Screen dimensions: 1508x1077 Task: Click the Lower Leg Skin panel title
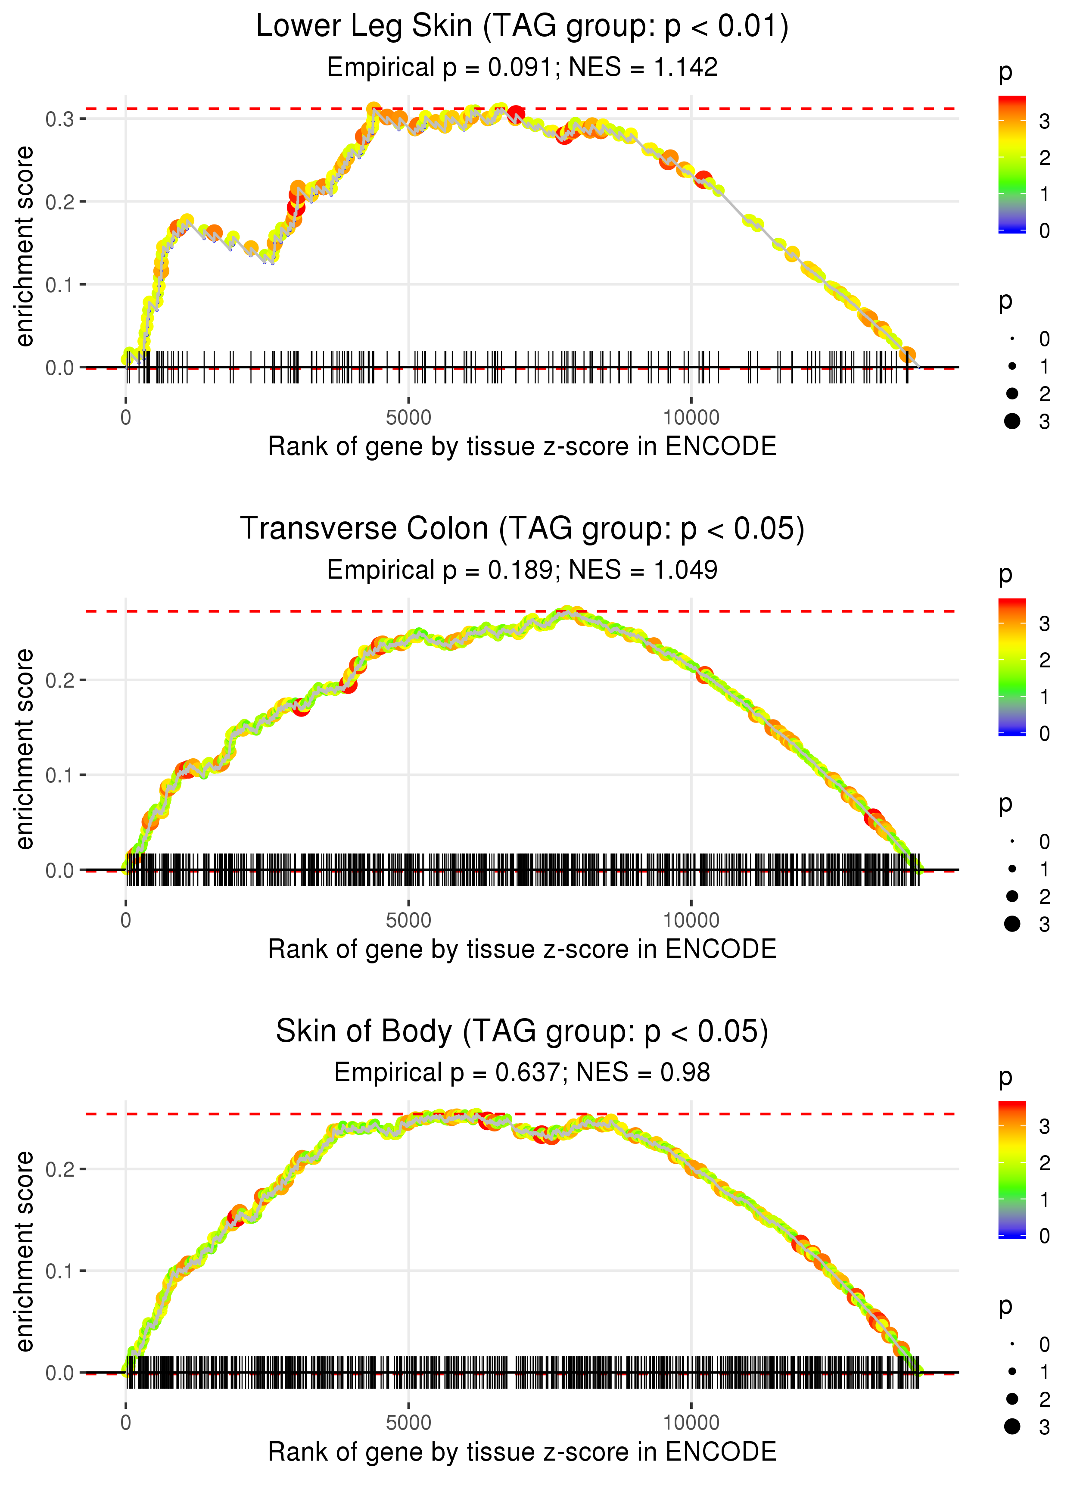(x=522, y=27)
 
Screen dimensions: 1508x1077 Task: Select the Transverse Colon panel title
(x=522, y=529)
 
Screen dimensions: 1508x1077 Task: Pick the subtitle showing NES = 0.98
(x=522, y=1073)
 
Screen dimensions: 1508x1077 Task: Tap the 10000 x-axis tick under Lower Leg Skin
(x=691, y=418)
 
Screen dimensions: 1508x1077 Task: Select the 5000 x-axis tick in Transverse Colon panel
(x=408, y=920)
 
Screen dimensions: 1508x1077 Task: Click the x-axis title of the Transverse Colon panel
(x=522, y=950)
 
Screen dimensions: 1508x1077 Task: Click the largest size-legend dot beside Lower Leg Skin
(x=1012, y=421)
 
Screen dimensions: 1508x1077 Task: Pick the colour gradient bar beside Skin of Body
(x=1012, y=1168)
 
